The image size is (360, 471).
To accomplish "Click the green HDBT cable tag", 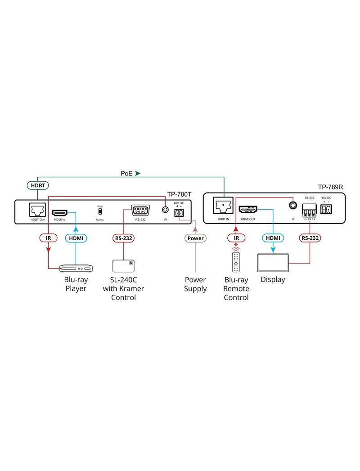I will pos(37,185).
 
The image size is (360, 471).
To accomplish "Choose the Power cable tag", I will pos(195,238).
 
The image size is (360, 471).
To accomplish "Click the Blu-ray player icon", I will pos(76,269).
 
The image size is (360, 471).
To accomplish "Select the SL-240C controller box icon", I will pos(123,265).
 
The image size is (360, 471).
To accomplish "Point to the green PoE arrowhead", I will pos(138,173).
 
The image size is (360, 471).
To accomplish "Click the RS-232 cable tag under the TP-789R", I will pos(310,238).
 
